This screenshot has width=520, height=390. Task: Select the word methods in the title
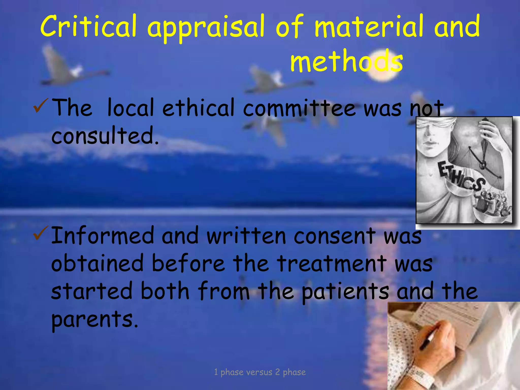(x=347, y=61)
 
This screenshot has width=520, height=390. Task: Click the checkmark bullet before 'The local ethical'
(x=39, y=106)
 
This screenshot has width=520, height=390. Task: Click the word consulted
(x=105, y=136)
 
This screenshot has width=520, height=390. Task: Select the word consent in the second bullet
(x=335, y=236)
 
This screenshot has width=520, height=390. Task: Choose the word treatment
(x=331, y=263)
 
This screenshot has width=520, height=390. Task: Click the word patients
(x=345, y=291)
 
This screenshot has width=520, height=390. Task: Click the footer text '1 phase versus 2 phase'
(x=260, y=372)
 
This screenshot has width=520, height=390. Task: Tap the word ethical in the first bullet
(x=198, y=108)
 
